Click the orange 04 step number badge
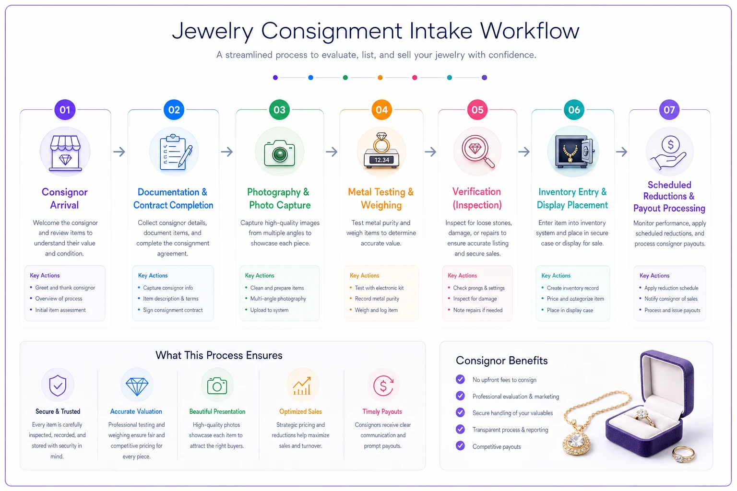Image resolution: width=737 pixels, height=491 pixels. tap(381, 109)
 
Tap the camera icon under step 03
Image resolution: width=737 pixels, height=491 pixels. tap(279, 153)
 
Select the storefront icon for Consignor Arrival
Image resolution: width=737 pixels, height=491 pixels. tap(65, 153)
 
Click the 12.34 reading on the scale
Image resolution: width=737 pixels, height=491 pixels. tap(381, 160)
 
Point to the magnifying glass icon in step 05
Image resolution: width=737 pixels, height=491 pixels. tap(478, 151)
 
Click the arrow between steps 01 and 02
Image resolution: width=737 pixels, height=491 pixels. tap(119, 152)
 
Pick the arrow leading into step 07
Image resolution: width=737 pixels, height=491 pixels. tap(621, 152)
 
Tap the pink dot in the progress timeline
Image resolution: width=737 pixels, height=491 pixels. tap(415, 78)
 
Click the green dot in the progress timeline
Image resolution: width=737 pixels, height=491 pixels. tap(345, 78)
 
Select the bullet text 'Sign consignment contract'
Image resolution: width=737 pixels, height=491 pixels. tap(173, 310)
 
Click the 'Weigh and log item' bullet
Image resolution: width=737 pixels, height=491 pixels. tap(376, 310)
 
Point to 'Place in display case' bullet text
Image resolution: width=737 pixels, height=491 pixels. tap(570, 310)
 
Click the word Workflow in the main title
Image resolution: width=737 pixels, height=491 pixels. tap(529, 31)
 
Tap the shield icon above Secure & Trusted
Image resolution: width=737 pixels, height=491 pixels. tap(58, 385)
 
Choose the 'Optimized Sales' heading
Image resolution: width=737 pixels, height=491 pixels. tap(300, 411)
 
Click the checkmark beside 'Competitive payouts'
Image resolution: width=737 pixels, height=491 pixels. tap(460, 446)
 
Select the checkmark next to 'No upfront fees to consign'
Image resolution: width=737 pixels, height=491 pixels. tap(460, 379)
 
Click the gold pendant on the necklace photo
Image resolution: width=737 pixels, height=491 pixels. tap(576, 441)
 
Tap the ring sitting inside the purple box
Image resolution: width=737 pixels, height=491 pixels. tap(643, 417)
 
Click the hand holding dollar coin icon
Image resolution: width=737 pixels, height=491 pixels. tap(669, 153)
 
